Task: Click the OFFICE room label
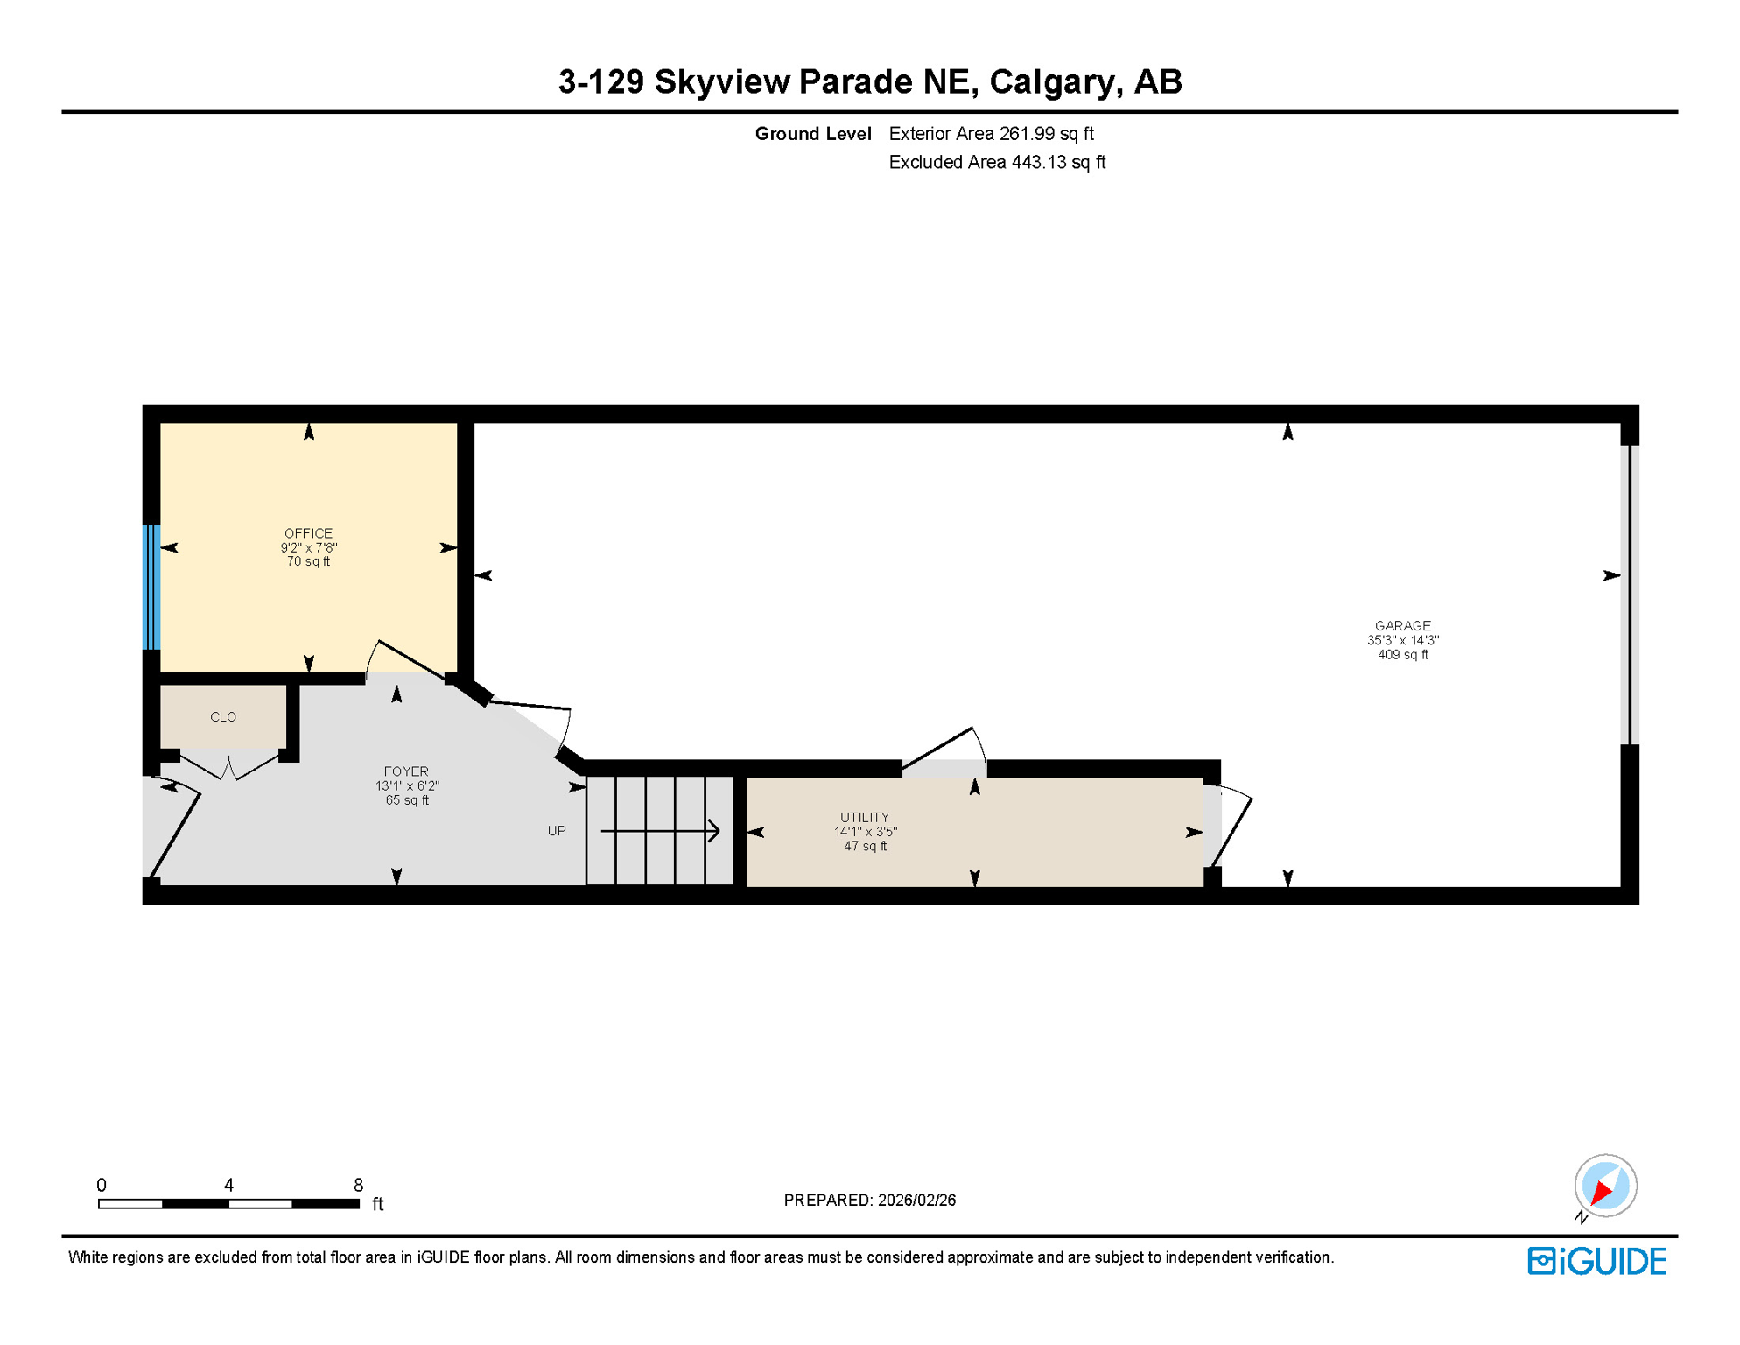[308, 533]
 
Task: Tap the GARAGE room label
[1402, 626]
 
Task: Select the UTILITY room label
[864, 818]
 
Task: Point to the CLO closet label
[223, 717]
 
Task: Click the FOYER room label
[406, 771]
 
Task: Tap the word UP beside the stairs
[557, 831]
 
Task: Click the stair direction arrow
[661, 831]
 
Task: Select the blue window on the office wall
[151, 587]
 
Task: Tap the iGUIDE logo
[1596, 1262]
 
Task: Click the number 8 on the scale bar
[358, 1185]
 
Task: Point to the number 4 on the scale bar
[228, 1185]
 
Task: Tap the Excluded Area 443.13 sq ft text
[997, 163]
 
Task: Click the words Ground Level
[812, 134]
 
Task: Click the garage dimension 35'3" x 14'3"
[1402, 641]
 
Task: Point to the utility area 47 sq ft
[864, 847]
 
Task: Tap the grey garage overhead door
[1629, 595]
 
